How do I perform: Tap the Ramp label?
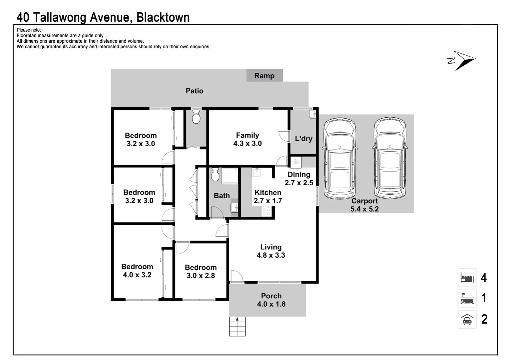coord(264,76)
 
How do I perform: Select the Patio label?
coord(194,91)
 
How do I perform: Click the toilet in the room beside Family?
coord(196,116)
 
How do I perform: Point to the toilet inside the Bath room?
coord(215,175)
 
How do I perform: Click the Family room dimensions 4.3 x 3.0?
coord(247,144)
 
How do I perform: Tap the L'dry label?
coord(303,139)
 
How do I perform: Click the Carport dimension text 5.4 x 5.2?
coord(364,209)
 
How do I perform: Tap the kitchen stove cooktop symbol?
coord(266,211)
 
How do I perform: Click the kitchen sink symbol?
coord(257,173)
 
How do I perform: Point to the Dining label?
coord(299,174)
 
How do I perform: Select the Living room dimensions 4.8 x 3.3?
coord(270,255)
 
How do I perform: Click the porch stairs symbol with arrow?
coord(237,326)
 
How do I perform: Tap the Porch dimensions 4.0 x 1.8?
coord(271,304)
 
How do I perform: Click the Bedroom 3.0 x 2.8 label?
coord(201,271)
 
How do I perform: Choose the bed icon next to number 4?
coord(467,278)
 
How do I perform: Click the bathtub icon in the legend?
coord(467,298)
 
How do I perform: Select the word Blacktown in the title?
coord(163,17)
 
